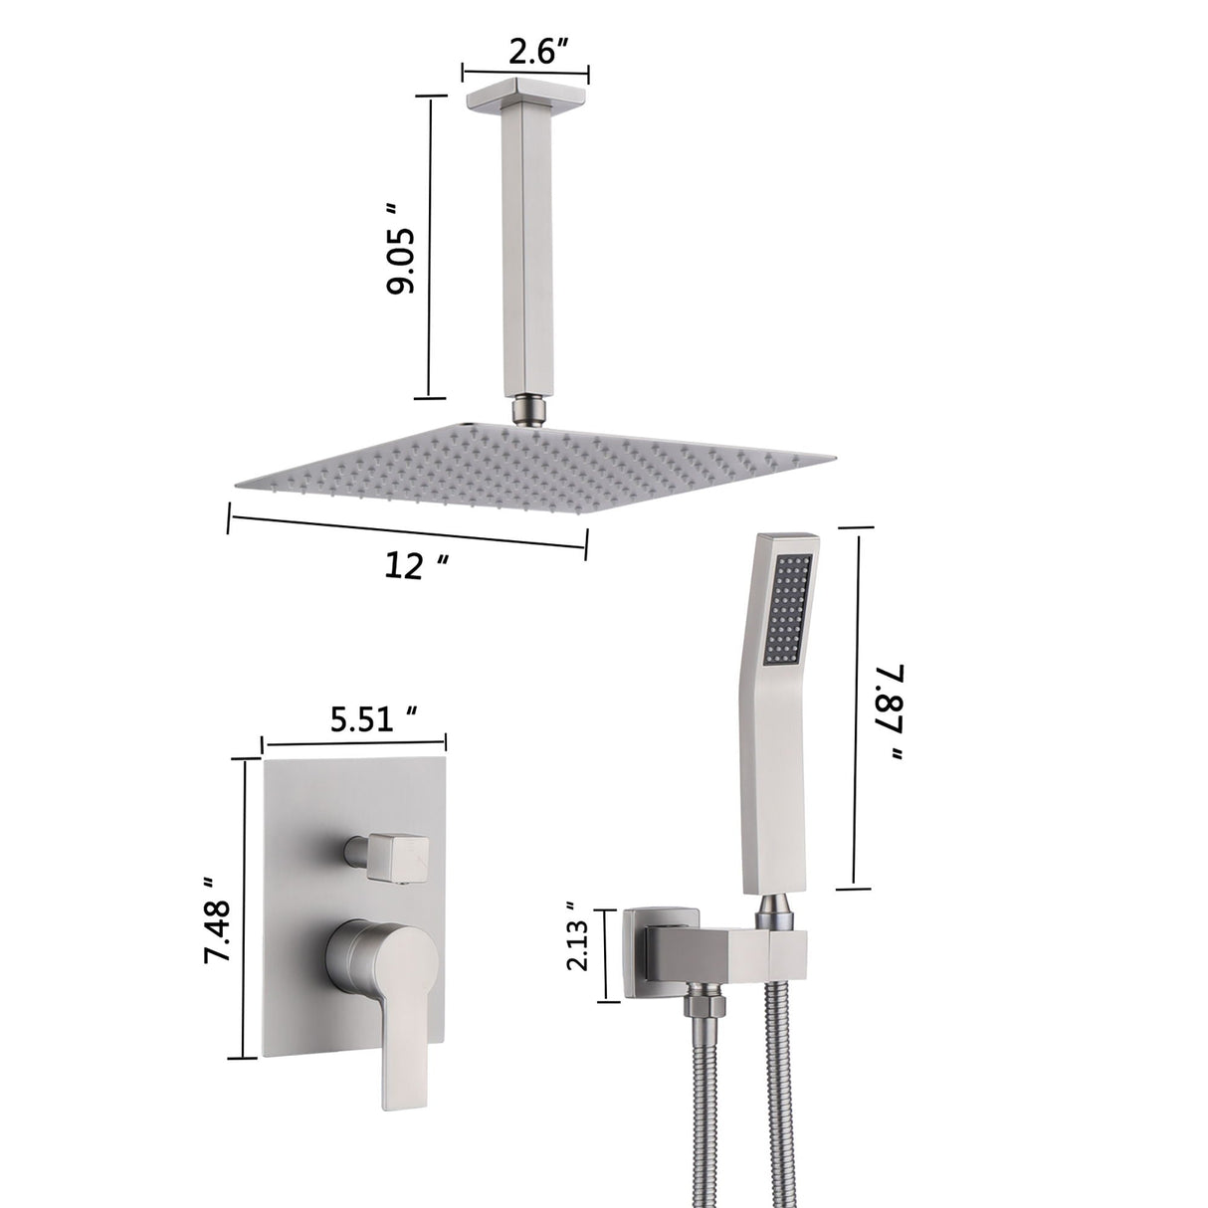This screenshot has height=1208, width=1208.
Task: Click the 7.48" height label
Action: click(x=216, y=917)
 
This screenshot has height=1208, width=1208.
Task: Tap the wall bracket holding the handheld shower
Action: click(x=697, y=945)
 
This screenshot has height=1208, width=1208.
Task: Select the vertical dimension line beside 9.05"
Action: click(x=430, y=247)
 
